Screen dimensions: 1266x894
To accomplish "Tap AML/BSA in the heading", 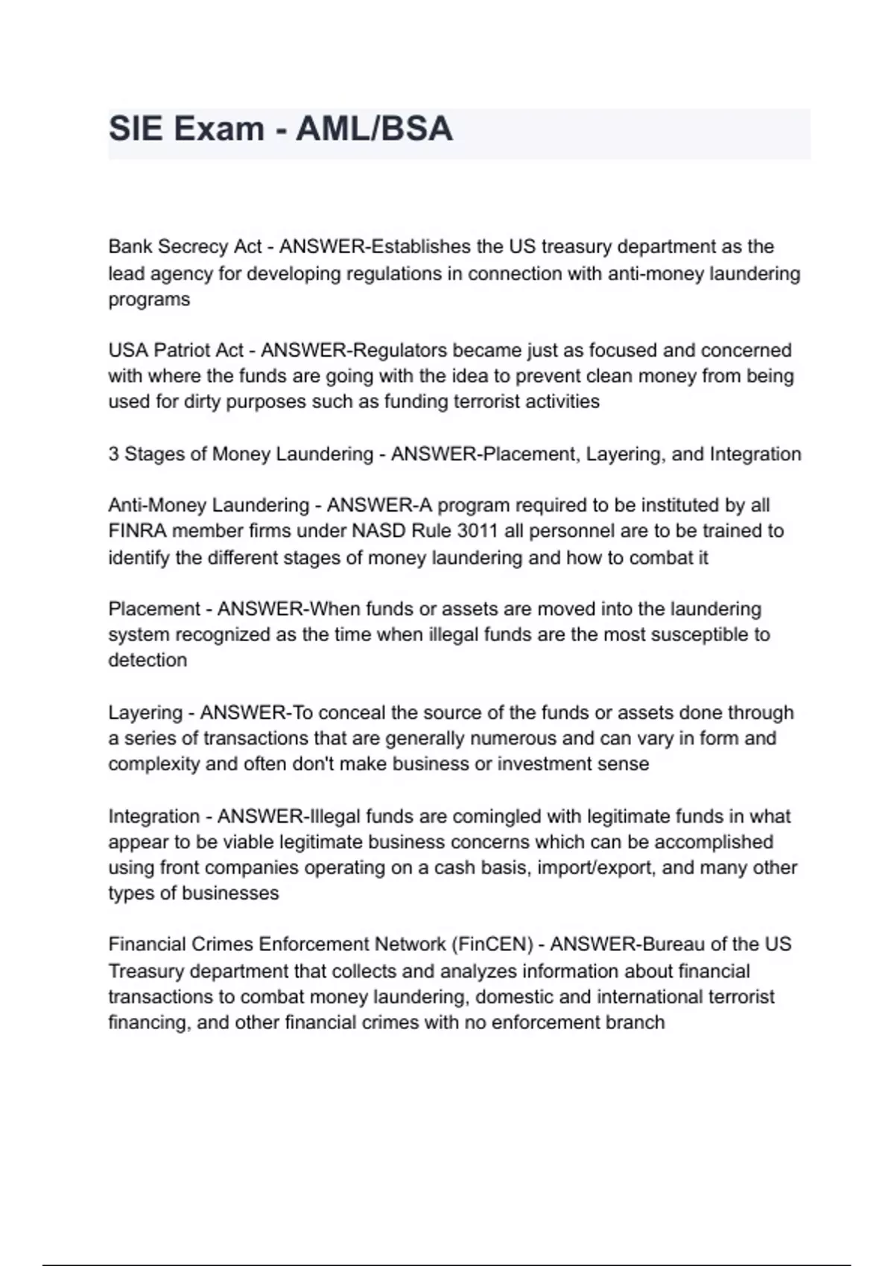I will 374,129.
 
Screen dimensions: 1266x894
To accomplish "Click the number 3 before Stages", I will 113,454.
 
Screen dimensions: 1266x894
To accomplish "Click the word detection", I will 148,660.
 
